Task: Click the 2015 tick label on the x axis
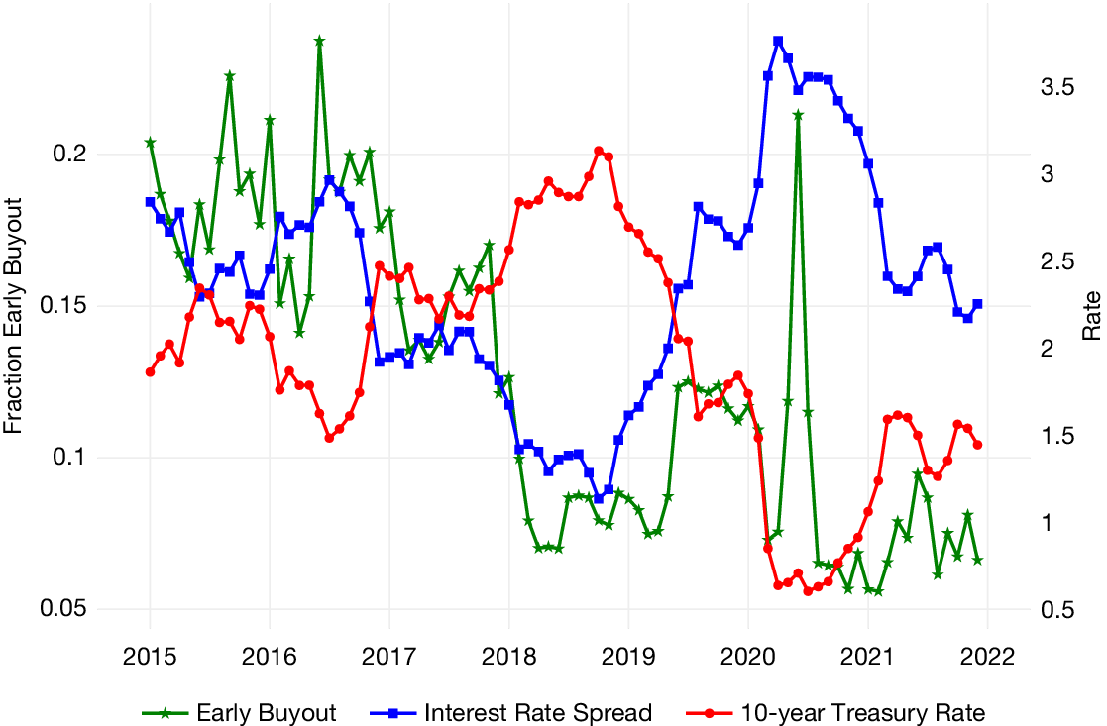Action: tap(150, 657)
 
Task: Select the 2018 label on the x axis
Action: tap(508, 657)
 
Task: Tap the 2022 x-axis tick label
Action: tap(987, 657)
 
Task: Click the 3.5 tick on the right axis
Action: tap(1056, 87)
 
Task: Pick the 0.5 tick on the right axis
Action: tap(1056, 609)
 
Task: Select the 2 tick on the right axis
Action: tap(1047, 349)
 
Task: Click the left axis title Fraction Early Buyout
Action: tap(14, 315)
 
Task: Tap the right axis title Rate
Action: tap(1091, 315)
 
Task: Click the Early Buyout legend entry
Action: tap(239, 712)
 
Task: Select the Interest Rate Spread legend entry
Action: tap(510, 712)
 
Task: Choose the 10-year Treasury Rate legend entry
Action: tap(835, 712)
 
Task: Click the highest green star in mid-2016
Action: tap(320, 41)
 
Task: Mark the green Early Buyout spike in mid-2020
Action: tap(798, 114)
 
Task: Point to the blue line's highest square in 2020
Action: tap(778, 41)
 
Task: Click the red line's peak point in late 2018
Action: tap(599, 151)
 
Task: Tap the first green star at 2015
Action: tap(150, 142)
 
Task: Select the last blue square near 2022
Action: tap(978, 304)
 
